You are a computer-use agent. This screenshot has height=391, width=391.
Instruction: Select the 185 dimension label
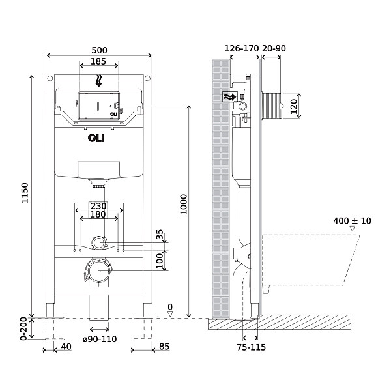[98, 61]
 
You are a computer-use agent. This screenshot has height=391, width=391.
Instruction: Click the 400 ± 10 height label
[352, 221]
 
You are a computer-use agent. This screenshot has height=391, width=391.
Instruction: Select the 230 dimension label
[98, 206]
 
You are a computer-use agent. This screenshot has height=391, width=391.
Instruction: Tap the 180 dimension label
[98, 215]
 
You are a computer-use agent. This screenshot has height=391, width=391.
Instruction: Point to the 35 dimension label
[160, 235]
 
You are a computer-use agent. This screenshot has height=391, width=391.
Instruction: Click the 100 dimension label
[160, 260]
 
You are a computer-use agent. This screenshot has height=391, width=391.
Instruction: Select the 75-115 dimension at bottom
[250, 347]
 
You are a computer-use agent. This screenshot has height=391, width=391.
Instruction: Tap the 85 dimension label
[164, 347]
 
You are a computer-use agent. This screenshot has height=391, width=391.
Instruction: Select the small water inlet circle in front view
[98, 243]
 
